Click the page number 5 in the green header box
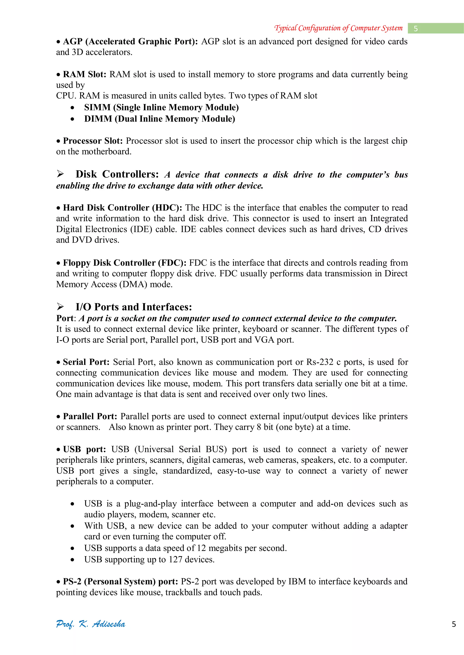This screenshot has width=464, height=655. [416, 29]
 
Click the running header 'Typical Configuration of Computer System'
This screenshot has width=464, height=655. [338, 28]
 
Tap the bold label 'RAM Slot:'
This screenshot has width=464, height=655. [85, 74]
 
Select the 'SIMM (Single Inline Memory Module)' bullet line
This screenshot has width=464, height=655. [162, 107]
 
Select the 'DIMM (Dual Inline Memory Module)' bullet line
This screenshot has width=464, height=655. [159, 119]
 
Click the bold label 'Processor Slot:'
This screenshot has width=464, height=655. [93, 141]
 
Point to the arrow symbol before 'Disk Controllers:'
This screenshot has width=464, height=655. [60, 174]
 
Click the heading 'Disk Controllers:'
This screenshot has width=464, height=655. [117, 174]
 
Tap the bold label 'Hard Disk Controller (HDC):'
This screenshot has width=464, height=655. [122, 208]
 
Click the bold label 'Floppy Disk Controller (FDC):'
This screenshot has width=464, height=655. [125, 263]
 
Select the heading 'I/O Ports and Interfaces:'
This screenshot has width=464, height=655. [134, 307]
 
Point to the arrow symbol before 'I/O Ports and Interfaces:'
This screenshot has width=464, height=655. [60, 307]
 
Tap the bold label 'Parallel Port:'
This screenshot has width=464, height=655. [90, 417]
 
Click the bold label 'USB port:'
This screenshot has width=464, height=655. [84, 449]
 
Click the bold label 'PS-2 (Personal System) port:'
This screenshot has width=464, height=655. [121, 582]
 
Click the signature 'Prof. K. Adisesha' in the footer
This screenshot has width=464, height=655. [91, 624]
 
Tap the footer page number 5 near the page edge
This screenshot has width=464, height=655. [454, 624]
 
